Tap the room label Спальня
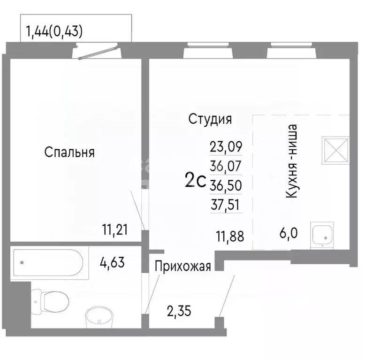point(70,152)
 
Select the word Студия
point(210,119)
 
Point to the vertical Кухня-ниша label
point(292,161)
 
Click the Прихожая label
point(182,266)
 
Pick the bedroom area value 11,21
point(115,230)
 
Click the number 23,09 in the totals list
point(226,147)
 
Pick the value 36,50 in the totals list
point(226,185)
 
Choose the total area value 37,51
point(226,204)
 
